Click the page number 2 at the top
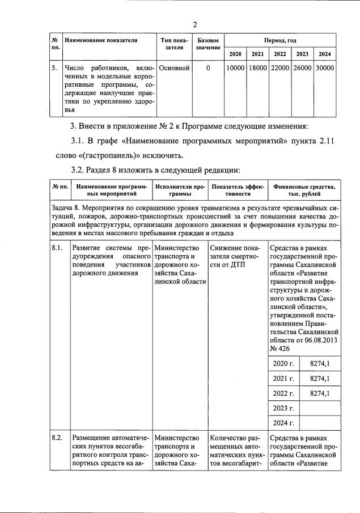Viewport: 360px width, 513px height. tap(194, 24)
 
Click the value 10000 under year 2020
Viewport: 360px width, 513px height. tap(235, 68)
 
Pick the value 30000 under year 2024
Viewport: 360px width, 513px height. tap(324, 68)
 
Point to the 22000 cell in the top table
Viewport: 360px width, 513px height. tap(280, 68)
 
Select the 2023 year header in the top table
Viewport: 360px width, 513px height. tap(302, 54)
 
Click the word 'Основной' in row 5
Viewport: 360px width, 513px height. tap(174, 68)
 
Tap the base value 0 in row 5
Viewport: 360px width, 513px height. tap(208, 68)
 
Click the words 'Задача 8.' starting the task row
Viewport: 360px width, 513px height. tap(68, 209)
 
